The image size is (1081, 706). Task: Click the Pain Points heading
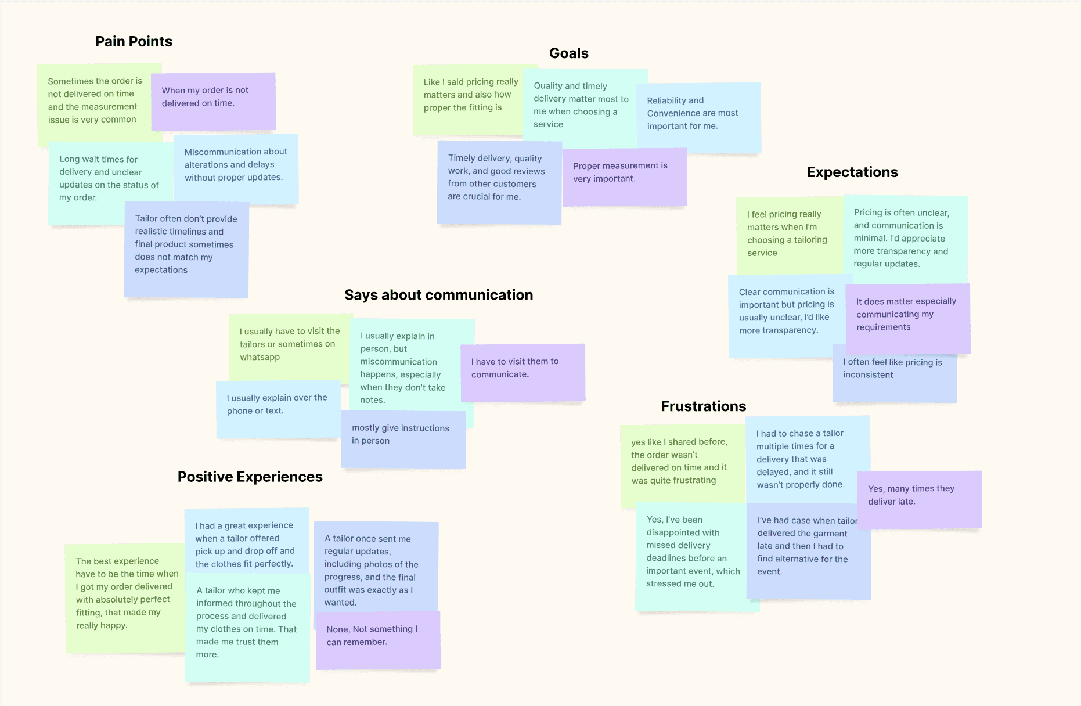134,41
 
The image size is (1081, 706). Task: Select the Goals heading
568,53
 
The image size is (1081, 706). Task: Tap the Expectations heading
852,172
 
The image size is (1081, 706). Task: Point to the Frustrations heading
703,406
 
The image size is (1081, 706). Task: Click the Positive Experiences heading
250,477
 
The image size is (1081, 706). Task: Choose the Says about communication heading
438,295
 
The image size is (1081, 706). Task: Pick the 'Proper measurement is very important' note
624,176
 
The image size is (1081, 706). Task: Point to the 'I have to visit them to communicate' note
523,372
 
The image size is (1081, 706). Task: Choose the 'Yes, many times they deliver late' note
919,499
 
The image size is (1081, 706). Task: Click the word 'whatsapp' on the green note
260,357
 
